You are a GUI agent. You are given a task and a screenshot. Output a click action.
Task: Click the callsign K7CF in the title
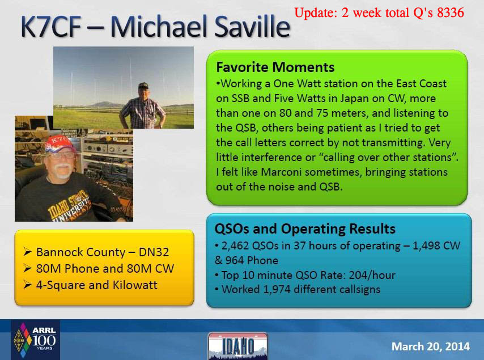(x=51, y=27)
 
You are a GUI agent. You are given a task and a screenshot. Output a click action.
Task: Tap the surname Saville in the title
(x=252, y=26)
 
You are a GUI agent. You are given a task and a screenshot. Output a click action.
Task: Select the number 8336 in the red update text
(x=451, y=12)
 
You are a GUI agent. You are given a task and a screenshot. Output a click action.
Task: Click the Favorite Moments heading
(x=275, y=67)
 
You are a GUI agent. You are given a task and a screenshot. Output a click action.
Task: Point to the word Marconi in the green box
(x=281, y=172)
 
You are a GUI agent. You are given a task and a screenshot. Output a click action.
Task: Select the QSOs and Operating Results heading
(x=305, y=229)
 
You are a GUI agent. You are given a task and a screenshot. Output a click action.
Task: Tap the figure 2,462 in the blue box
(x=235, y=245)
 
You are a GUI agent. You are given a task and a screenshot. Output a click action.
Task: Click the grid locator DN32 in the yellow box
(x=154, y=252)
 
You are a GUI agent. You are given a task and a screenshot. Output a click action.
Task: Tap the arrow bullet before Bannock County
(x=27, y=252)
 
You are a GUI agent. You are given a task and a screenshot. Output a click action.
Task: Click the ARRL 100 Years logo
(x=35, y=340)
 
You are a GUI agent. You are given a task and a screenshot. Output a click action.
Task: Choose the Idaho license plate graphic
(x=237, y=346)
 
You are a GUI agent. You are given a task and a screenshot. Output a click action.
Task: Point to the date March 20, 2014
(x=431, y=346)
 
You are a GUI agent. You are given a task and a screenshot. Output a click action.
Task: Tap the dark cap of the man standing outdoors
(x=143, y=86)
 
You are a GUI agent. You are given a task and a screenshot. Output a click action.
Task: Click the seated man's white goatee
(x=63, y=172)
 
